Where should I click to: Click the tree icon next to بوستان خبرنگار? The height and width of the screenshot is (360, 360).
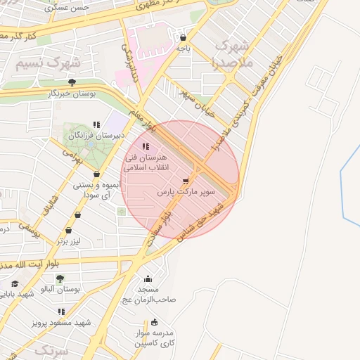coord(72,82)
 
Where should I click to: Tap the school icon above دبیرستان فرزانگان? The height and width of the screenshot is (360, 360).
coord(96,125)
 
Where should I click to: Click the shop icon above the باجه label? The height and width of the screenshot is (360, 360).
coord(184,37)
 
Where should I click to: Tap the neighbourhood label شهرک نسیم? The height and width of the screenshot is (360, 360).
coord(47,62)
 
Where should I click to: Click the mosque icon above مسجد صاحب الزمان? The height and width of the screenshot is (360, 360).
coord(148,278)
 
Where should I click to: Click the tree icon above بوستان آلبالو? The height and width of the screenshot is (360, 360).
coord(60,278)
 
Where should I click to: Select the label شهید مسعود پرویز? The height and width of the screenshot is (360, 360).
coord(62,323)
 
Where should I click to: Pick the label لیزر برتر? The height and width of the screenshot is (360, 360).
coord(70,241)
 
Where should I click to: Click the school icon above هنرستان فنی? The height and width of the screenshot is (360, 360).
coord(146,146)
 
